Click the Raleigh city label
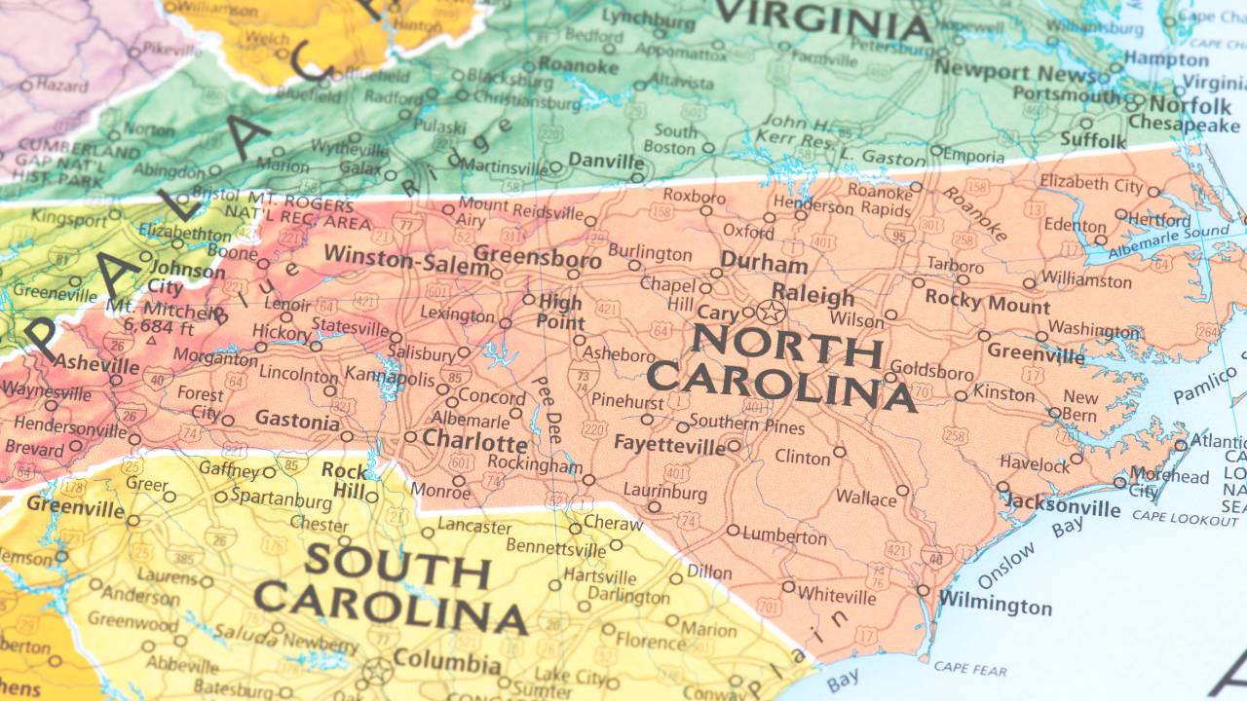[812, 295]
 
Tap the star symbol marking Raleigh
[771, 313]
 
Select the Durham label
[764, 264]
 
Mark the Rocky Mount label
[987, 303]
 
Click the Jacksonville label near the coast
[1061, 505]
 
